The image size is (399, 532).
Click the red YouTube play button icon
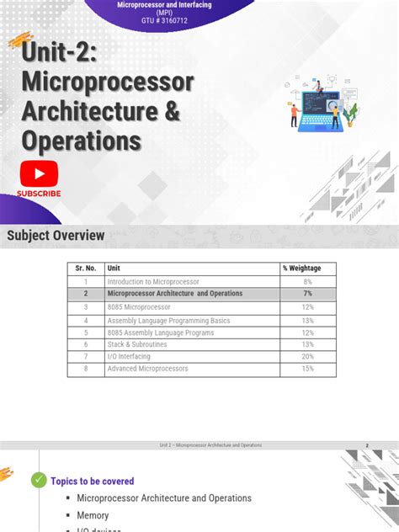click(x=39, y=175)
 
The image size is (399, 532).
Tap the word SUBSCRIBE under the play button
click(x=39, y=194)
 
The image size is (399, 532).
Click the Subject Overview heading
click(x=56, y=236)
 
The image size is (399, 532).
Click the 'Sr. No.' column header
click(x=85, y=268)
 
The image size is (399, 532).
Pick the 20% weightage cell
click(x=307, y=356)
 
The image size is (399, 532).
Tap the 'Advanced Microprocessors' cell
click(x=147, y=369)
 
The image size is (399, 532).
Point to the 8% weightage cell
click(x=307, y=281)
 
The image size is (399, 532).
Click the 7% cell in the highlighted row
click(x=307, y=294)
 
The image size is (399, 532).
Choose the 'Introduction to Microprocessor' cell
click(x=153, y=281)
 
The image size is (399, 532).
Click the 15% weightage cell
click(x=307, y=369)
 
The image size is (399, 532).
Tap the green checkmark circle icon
click(x=39, y=481)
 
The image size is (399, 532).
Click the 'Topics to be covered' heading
click(x=93, y=481)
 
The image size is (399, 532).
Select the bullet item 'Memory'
click(x=93, y=515)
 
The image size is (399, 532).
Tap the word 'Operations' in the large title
click(x=82, y=140)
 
